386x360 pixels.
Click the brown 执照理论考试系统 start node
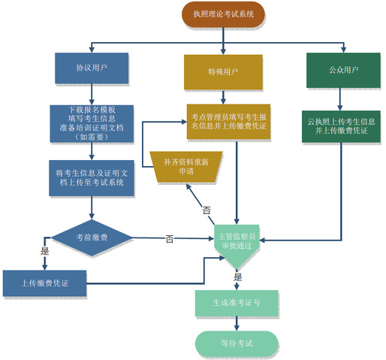(223, 14)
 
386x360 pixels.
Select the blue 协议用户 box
(92, 68)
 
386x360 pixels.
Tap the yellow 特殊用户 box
(223, 72)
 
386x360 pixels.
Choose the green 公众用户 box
(343, 70)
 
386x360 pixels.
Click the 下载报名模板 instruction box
(92, 123)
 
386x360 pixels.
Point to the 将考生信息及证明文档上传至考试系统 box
(92, 178)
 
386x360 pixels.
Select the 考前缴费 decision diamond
(92, 237)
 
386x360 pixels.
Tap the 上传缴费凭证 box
(45, 283)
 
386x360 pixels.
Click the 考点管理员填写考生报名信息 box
(228, 122)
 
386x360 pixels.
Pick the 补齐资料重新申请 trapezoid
(186, 167)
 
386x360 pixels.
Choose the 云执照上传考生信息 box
(341, 126)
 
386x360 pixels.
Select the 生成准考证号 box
(237, 303)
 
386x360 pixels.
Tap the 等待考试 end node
(237, 343)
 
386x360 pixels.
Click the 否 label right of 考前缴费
(169, 239)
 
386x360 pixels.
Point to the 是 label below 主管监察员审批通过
(238, 277)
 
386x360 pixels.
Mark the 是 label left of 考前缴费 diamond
(45, 251)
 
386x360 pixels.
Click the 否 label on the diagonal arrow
(207, 210)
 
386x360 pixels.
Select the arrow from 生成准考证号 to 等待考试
(237, 323)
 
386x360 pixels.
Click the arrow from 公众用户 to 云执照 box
(339, 99)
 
